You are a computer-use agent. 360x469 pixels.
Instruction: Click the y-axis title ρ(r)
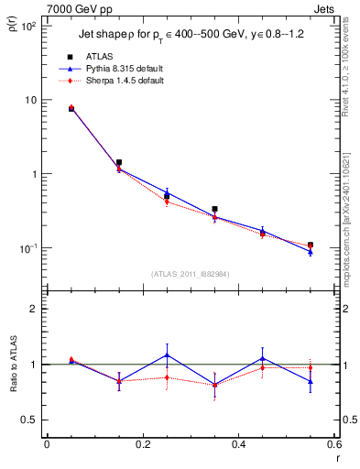pyautogui.click(x=14, y=19)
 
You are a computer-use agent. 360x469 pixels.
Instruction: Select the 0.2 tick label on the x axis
pyautogui.click(x=142, y=445)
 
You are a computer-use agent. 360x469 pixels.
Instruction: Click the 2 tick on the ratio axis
pyautogui.click(x=32, y=309)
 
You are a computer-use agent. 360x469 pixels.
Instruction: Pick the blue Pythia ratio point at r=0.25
pyautogui.click(x=167, y=354)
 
